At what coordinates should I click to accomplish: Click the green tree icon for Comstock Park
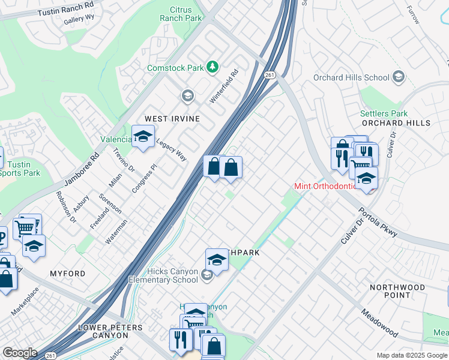(212, 67)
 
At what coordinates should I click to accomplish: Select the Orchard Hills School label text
(351, 77)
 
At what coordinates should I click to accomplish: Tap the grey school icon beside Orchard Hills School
(399, 77)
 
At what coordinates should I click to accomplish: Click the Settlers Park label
(384, 113)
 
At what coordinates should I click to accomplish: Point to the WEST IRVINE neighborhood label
(170, 119)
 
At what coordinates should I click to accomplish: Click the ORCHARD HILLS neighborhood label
(396, 123)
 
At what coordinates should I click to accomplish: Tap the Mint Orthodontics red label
(325, 185)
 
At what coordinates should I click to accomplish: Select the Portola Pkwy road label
(378, 223)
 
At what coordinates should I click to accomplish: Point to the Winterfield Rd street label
(224, 86)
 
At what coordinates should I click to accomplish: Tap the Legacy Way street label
(172, 150)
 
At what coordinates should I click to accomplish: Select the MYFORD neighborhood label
(67, 274)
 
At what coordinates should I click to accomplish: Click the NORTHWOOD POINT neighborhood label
(397, 292)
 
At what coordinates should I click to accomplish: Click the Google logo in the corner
(20, 352)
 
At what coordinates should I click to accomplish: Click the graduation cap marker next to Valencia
(143, 137)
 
